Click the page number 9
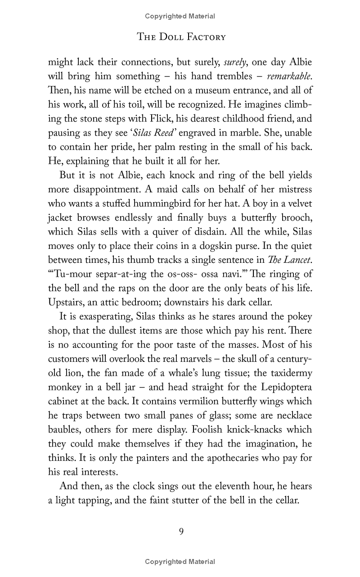click(181, 532)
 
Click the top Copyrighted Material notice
click(180, 16)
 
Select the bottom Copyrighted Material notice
click(180, 561)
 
